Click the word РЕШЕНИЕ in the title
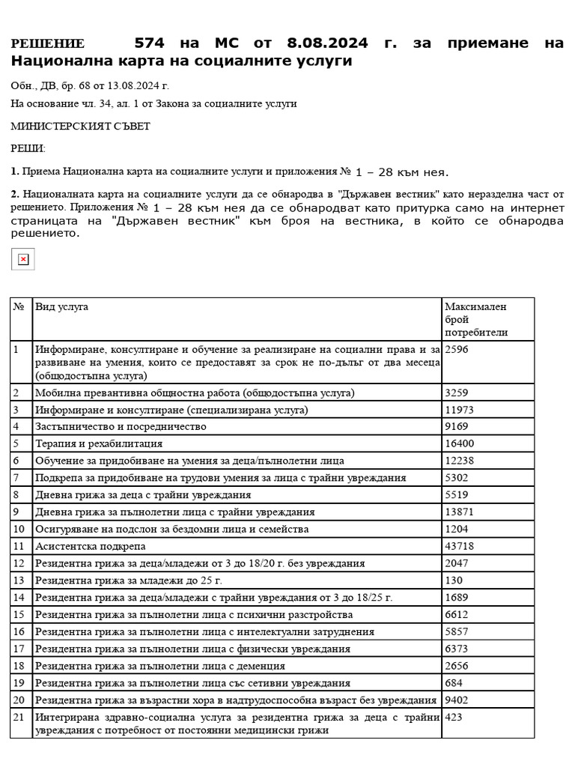pos(47,43)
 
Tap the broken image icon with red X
pos(23,259)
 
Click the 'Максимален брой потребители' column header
pos(476,319)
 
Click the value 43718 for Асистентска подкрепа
pos(460,546)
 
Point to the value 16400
pos(460,443)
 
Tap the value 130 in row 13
pos(454,580)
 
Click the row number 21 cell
pos(20,718)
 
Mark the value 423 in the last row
pos(454,718)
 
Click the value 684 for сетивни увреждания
pos(454,683)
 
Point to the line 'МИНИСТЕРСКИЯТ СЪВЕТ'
pos(81,127)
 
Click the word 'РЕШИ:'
pos(28,149)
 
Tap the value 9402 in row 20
pos(457,700)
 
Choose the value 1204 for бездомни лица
pos(457,529)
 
